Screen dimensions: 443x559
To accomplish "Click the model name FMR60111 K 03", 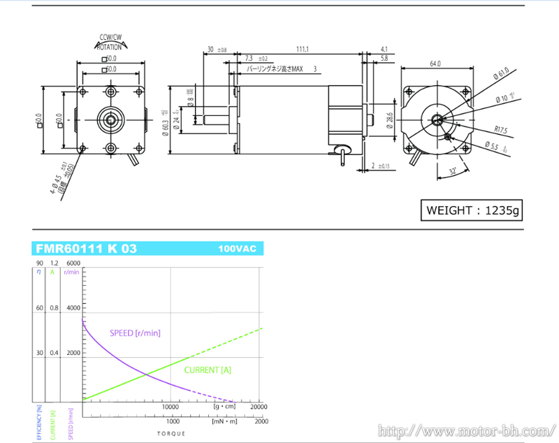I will (86, 249).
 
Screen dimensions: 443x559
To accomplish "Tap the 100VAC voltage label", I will (236, 249).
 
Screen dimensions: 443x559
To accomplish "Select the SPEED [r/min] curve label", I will (136, 333).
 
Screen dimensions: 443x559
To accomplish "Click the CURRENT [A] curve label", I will (208, 370).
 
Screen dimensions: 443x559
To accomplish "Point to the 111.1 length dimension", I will (303, 49).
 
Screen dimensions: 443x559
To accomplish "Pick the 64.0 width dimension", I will (435, 64).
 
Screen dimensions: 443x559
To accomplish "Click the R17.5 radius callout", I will (500, 129).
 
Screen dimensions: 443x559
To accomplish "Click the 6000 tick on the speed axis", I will (73, 263).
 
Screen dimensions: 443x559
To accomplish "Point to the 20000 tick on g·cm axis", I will (258, 406).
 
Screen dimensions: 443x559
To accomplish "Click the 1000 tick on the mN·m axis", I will (171, 421).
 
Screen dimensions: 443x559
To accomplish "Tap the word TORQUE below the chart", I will (171, 435).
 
